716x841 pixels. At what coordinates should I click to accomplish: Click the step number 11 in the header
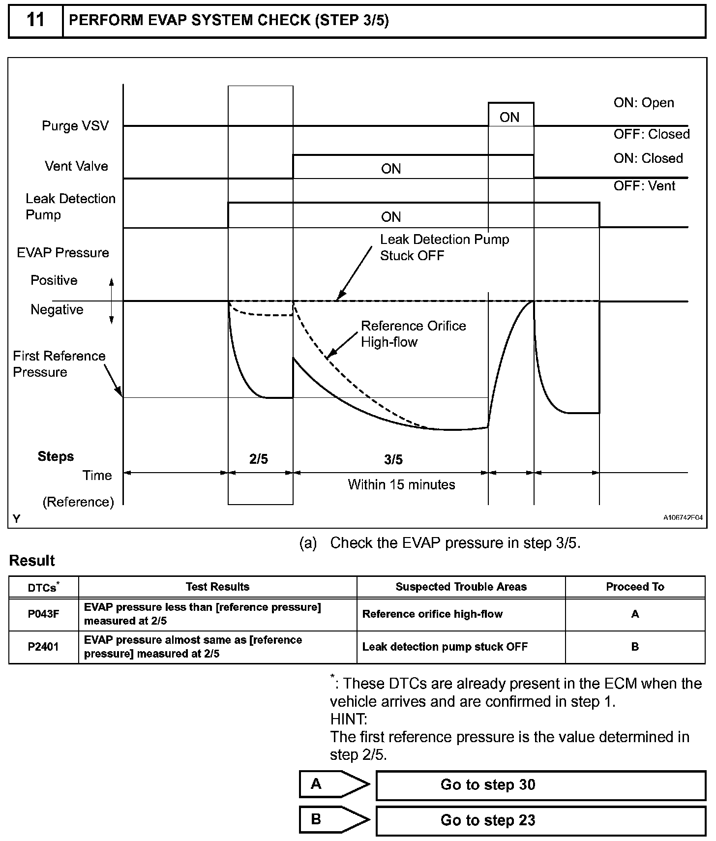pyautogui.click(x=35, y=21)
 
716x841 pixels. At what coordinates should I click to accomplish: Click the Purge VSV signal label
pyautogui.click(x=75, y=126)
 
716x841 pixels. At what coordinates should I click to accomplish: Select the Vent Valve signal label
pyautogui.click(x=76, y=166)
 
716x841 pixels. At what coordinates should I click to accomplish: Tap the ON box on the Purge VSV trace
pyautogui.click(x=510, y=117)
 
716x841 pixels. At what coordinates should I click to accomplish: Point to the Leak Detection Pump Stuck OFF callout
pyautogui.click(x=444, y=247)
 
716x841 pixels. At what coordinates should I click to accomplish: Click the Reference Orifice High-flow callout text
pyautogui.click(x=413, y=334)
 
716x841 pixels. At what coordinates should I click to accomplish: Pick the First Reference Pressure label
pyautogui.click(x=59, y=364)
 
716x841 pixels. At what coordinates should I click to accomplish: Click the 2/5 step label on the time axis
pyautogui.click(x=259, y=459)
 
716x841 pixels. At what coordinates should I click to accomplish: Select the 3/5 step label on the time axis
pyautogui.click(x=393, y=459)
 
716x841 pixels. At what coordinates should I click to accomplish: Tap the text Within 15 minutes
pyautogui.click(x=401, y=484)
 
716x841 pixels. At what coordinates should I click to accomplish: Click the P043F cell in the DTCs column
pyautogui.click(x=43, y=614)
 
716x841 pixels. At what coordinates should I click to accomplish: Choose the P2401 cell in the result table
pyautogui.click(x=43, y=647)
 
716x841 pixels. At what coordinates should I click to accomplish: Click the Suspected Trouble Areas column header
pyautogui.click(x=461, y=587)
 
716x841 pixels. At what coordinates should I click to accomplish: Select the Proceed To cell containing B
pyautogui.click(x=635, y=647)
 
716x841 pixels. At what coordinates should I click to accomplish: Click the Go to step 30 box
pyautogui.click(x=540, y=784)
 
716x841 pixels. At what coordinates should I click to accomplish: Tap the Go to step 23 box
pyautogui.click(x=540, y=820)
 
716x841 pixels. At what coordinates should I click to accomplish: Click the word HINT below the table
pyautogui.click(x=348, y=719)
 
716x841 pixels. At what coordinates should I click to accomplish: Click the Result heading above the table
pyautogui.click(x=32, y=561)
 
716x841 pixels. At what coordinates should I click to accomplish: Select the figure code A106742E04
pyautogui.click(x=683, y=517)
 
